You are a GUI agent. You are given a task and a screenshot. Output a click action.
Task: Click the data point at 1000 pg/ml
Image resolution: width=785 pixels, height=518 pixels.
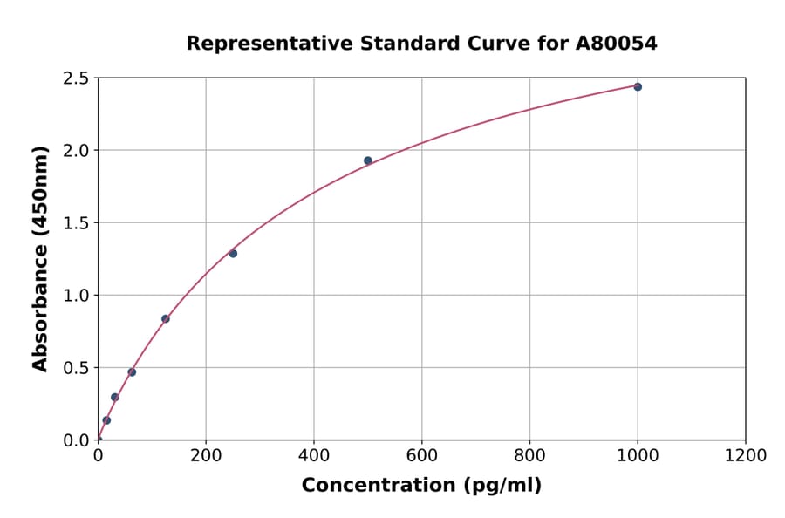(638, 87)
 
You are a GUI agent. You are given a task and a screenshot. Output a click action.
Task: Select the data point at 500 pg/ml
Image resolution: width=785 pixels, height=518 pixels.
(368, 160)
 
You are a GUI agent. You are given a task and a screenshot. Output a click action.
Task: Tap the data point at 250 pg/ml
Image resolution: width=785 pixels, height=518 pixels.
(233, 254)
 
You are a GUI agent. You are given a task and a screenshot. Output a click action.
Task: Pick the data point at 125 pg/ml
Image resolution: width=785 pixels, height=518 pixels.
(166, 319)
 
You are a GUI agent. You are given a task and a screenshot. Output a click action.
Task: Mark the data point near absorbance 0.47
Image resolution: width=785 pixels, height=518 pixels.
(132, 372)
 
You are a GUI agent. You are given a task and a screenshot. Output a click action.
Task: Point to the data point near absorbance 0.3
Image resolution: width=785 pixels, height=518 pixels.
(115, 398)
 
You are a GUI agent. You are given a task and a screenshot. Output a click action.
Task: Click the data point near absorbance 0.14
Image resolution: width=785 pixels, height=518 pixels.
(106, 420)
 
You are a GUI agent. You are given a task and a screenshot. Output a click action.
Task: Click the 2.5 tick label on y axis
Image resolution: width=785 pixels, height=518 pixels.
(76, 78)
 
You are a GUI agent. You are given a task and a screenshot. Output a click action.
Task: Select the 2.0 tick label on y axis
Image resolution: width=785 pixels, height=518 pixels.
(76, 151)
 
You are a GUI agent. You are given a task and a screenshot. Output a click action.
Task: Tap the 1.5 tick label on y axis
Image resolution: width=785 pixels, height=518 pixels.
(76, 223)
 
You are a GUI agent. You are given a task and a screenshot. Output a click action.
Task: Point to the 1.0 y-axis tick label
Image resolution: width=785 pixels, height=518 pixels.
(76, 296)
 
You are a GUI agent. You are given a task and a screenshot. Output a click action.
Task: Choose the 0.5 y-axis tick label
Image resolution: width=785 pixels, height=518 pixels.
(76, 368)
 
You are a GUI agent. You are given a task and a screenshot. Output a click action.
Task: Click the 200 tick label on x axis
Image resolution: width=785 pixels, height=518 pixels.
(206, 456)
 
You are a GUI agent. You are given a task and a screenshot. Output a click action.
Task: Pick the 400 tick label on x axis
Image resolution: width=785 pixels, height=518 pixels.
(314, 456)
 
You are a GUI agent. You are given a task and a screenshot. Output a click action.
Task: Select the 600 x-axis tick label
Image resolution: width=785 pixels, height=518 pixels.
(422, 456)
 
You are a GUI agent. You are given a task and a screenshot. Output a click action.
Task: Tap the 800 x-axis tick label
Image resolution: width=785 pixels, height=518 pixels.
(529, 456)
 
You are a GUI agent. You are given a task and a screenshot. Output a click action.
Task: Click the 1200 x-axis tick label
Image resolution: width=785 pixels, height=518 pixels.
(746, 456)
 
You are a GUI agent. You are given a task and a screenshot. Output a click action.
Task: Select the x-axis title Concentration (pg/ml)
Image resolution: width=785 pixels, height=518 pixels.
(421, 486)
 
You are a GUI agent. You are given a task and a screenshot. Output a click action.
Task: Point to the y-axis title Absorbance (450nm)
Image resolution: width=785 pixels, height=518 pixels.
(40, 259)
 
